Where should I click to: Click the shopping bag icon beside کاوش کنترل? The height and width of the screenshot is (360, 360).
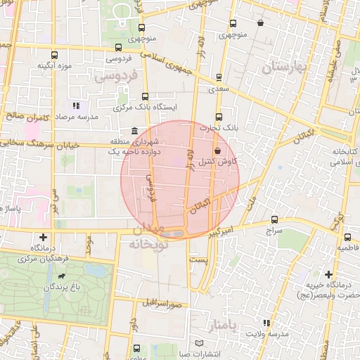pyautogui.click(x=217, y=150)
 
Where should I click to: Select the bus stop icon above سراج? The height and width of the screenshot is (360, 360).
pyautogui.click(x=274, y=219)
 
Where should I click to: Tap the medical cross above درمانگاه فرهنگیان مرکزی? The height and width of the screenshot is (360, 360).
pyautogui.click(x=45, y=237)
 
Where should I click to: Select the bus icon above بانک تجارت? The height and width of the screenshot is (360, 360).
pyautogui.click(x=218, y=117)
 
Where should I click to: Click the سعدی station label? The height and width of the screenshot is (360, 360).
pyautogui.click(x=217, y=89)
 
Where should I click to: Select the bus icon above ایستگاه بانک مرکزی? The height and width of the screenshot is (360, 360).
pyautogui.click(x=146, y=96)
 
